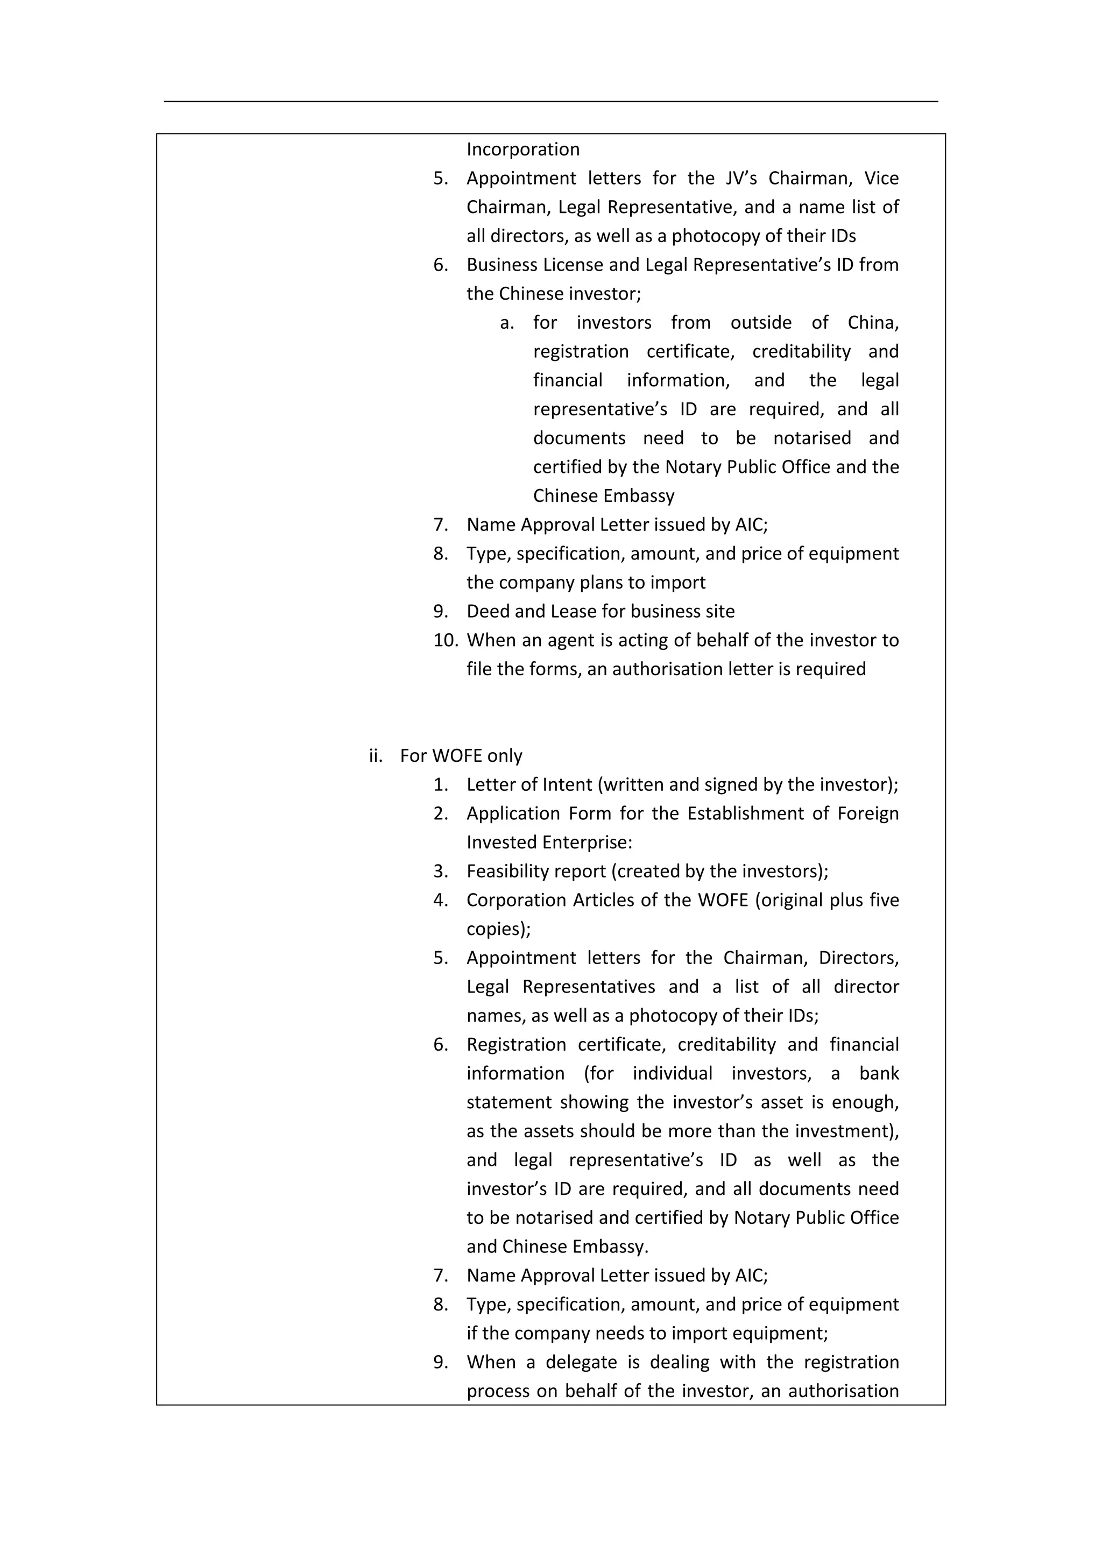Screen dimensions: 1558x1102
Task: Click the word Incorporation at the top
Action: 522,149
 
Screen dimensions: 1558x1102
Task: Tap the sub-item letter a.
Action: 506,323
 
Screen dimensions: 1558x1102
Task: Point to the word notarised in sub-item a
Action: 811,438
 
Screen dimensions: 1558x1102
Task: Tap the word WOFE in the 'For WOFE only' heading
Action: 457,756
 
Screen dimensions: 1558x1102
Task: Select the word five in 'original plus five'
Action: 884,901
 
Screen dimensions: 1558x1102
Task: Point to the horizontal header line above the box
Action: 550,102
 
